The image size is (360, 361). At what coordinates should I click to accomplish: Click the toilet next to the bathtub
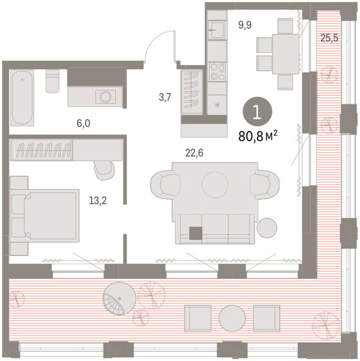click(52, 81)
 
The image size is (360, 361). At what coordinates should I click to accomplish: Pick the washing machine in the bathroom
click(103, 97)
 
